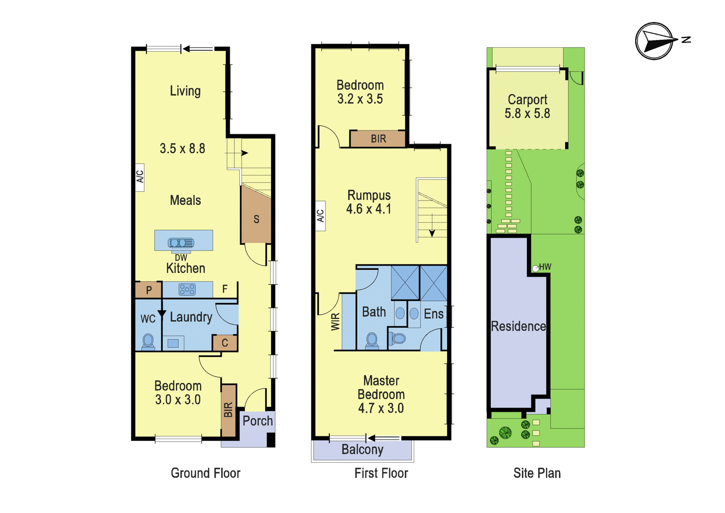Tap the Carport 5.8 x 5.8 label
coord(527,106)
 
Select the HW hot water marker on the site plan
coord(536,269)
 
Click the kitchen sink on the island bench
coord(181,242)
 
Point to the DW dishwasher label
coord(181,258)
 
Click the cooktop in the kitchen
coord(187,289)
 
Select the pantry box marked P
coord(148,290)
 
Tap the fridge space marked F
coord(225,289)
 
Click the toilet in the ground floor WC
coord(148,342)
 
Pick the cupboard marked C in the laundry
coord(225,342)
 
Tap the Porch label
coord(258,421)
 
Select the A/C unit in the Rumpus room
coord(320,216)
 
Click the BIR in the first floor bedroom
coord(378,139)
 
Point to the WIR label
coord(336,322)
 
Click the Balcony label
coord(362,449)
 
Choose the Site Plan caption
coord(537,473)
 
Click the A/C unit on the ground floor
coord(140,177)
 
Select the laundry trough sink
coord(173,343)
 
